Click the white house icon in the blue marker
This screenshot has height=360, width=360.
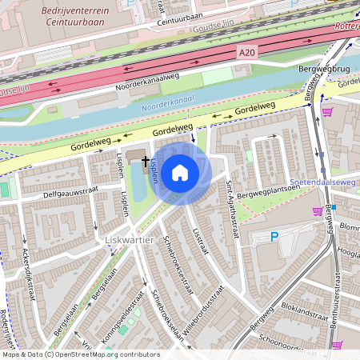point(180,173)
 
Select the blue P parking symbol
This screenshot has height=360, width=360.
point(274,237)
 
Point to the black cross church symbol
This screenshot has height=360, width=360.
point(146,162)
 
